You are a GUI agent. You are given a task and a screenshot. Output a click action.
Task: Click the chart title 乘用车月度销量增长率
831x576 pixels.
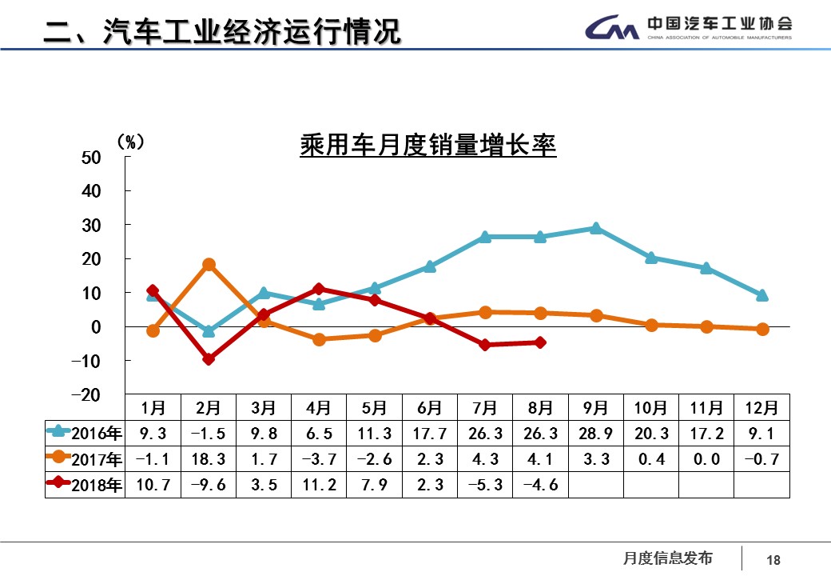click(x=427, y=146)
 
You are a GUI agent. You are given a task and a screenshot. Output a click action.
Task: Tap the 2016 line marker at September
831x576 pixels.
click(x=595, y=228)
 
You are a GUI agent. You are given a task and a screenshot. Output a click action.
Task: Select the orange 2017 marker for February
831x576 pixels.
click(x=209, y=265)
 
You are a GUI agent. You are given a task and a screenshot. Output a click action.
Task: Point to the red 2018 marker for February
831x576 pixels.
click(x=209, y=359)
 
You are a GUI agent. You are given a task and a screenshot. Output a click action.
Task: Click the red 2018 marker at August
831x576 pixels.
click(x=540, y=342)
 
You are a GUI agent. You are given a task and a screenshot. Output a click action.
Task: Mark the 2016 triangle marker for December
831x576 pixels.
click(x=761, y=295)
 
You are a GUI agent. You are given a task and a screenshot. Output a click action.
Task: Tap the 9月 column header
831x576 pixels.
click(x=595, y=408)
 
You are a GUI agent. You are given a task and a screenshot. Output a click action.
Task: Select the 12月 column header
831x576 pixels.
click(x=761, y=408)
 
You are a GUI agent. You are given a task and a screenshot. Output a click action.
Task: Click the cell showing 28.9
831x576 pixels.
click(x=595, y=434)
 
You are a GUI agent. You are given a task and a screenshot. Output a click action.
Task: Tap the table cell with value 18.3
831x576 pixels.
click(x=209, y=460)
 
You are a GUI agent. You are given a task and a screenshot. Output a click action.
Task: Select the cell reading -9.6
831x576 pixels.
click(x=209, y=485)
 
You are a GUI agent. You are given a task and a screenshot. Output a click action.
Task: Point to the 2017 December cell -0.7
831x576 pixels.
click(x=761, y=460)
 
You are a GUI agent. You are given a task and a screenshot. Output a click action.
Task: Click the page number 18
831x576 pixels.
click(x=773, y=560)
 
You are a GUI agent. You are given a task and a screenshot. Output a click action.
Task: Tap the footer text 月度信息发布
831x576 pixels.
click(x=667, y=558)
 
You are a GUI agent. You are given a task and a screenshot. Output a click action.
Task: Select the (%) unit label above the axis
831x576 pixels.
click(x=130, y=142)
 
